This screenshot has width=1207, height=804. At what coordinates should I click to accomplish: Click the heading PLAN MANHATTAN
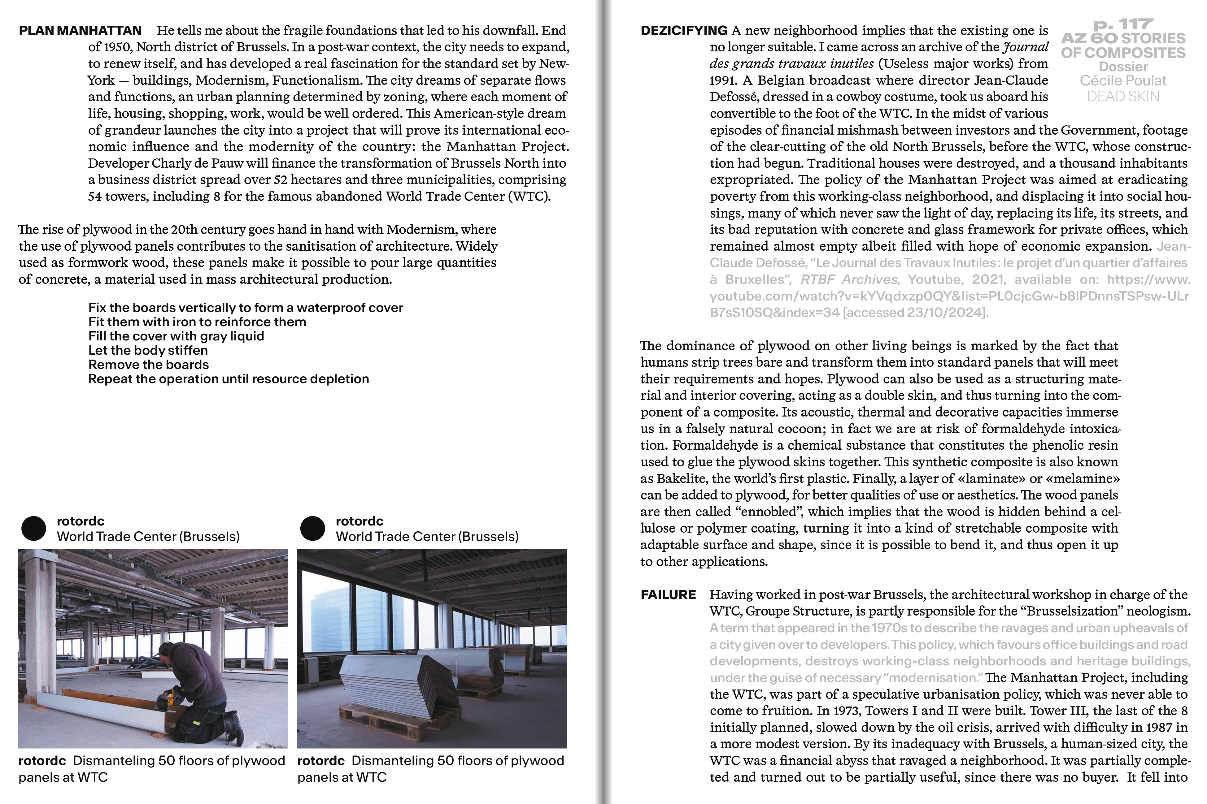coord(80,31)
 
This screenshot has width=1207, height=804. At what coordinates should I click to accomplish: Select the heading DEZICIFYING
coord(683,31)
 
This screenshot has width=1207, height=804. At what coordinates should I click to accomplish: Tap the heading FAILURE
coord(668,595)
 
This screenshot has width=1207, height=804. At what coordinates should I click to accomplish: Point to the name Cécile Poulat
coord(1122,80)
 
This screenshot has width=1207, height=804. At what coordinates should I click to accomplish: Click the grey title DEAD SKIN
coord(1122,96)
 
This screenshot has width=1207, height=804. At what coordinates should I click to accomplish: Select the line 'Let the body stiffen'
coord(148,351)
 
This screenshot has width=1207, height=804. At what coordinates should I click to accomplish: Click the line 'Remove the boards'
coord(148,365)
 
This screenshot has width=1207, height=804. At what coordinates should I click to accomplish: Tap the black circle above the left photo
coord(34,528)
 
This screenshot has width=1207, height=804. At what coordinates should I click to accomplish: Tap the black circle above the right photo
coord(312,528)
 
